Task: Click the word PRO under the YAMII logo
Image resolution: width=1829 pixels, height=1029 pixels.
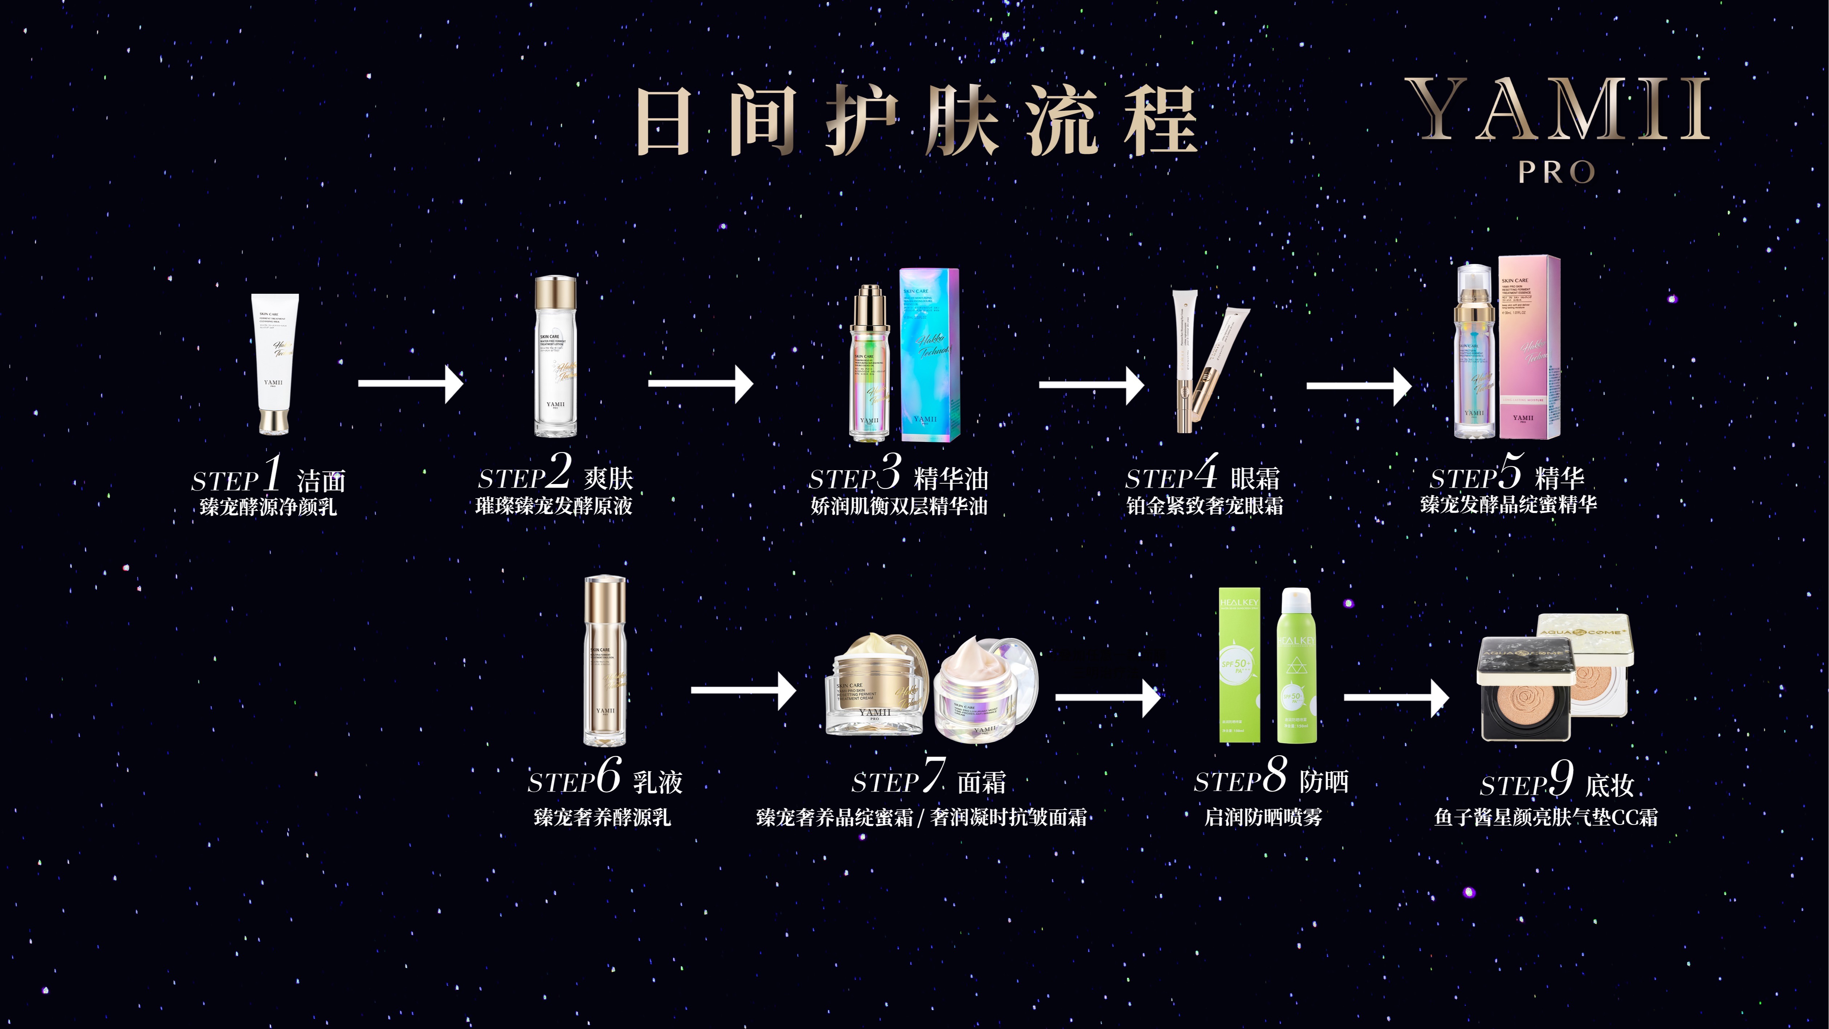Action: [1556, 172]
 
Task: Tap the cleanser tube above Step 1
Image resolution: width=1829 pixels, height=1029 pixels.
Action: [274, 362]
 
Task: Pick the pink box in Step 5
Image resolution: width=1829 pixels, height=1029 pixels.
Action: [1530, 348]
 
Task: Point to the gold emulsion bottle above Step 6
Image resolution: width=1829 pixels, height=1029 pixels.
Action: [605, 660]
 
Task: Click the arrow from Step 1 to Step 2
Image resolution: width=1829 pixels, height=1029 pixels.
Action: [411, 383]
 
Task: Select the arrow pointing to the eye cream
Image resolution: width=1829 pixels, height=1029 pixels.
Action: [1091, 385]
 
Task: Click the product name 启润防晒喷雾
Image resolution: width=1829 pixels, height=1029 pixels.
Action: [1263, 817]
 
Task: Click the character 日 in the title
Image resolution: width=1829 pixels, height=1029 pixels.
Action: [663, 121]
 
